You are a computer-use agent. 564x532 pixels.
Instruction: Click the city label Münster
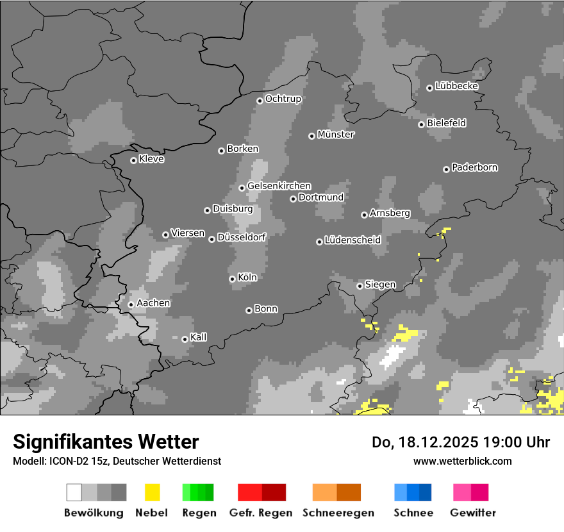point(335,135)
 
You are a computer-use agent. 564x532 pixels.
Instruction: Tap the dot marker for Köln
point(232,279)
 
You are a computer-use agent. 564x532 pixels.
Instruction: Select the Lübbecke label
point(456,86)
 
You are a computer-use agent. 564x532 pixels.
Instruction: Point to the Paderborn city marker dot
point(446,169)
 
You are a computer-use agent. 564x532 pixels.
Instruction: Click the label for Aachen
point(153,303)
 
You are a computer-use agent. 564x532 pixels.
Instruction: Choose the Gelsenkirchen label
point(279,186)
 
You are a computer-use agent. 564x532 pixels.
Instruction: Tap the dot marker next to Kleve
point(133,160)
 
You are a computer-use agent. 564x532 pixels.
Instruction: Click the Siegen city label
point(380,285)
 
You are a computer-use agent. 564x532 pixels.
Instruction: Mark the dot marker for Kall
point(185,339)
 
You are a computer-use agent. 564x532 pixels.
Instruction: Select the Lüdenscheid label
point(352,240)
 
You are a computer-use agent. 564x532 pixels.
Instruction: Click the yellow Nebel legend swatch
point(152,492)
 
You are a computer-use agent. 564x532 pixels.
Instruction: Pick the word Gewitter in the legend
point(472,513)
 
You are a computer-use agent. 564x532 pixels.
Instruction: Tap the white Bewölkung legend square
point(74,492)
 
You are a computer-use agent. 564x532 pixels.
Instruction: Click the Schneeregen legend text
point(338,513)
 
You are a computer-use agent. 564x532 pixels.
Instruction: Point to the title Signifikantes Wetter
point(106,442)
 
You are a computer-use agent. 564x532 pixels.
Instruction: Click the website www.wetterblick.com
point(462,461)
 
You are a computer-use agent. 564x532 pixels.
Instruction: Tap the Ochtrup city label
point(283,99)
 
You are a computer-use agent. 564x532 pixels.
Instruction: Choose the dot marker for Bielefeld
point(421,124)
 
